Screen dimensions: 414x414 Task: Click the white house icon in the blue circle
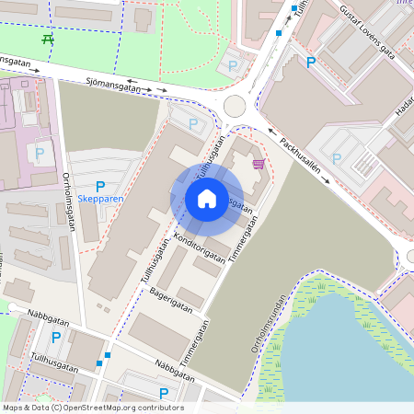tap(206, 198)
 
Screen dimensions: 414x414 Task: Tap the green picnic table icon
tap(48, 39)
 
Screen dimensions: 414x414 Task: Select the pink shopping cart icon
tap(259, 164)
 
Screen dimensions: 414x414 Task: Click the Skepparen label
tap(101, 199)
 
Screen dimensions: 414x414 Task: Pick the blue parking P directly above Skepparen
tap(100, 186)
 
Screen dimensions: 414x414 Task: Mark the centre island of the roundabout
tap(235, 106)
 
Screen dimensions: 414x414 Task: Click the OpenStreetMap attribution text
tap(93, 408)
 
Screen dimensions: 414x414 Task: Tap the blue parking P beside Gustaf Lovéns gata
tap(311, 63)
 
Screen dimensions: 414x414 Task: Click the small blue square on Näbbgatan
tap(108, 354)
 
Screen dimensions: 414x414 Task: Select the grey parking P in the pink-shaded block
tap(40, 153)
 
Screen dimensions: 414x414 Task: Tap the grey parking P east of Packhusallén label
tap(337, 158)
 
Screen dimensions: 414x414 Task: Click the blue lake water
tap(350, 359)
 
